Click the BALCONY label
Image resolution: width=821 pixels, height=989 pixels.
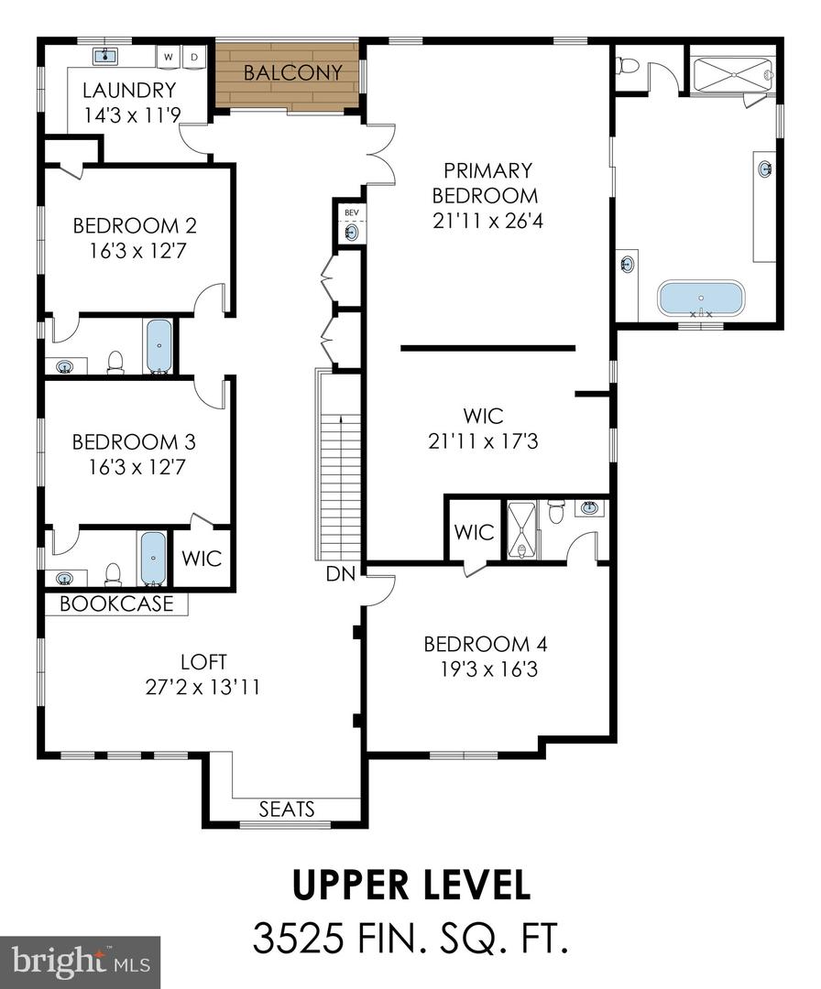tap(293, 72)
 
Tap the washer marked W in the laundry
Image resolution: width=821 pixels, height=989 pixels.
tap(169, 57)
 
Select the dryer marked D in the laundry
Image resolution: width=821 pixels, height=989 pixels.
tap(194, 57)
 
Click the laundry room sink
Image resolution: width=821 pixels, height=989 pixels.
tap(105, 56)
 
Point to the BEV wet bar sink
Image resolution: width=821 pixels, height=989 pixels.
tap(352, 233)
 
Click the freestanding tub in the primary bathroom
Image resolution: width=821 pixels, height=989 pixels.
tap(700, 299)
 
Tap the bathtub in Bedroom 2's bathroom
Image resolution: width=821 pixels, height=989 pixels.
tap(159, 346)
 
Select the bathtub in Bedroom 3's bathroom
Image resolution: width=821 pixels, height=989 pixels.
tap(153, 559)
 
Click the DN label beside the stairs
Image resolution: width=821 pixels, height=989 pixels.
tap(341, 574)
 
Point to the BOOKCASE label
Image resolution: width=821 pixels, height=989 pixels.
tap(116, 603)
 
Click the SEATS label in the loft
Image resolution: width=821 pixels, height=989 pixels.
tap(287, 809)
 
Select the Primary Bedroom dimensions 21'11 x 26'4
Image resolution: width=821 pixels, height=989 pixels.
tap(487, 221)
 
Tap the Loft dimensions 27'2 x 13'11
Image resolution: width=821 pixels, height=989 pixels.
tap(203, 686)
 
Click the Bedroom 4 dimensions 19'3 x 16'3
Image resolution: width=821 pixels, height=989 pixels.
tap(489, 668)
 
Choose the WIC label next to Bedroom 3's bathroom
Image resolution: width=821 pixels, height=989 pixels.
tap(202, 559)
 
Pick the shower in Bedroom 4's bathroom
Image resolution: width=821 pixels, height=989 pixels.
tap(521, 530)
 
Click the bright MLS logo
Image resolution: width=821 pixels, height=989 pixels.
tap(80, 962)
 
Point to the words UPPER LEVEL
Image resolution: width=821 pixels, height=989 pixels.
tap(411, 886)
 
